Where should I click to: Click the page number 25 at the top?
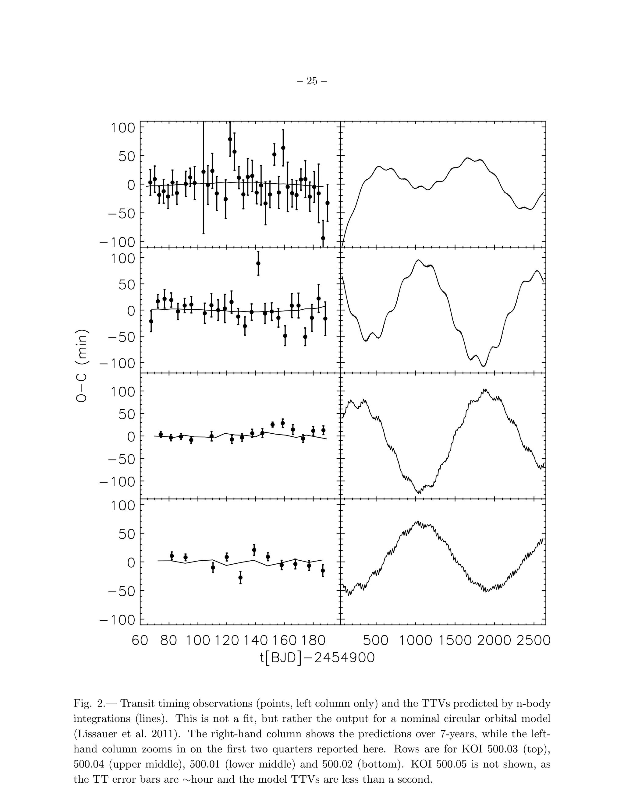312,81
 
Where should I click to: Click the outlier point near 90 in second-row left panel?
258,263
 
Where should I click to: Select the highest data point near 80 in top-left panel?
230,139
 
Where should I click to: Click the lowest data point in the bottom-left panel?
240,577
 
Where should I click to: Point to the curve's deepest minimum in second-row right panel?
484,366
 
